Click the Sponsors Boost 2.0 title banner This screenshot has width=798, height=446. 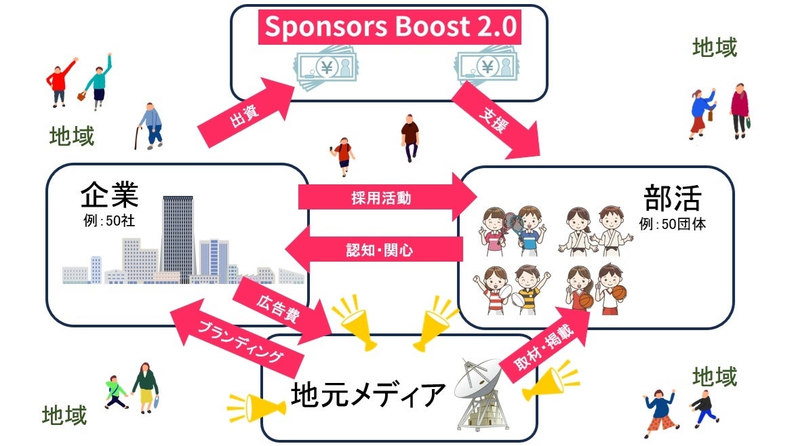[x=389, y=28]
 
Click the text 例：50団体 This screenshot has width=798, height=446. [x=672, y=224]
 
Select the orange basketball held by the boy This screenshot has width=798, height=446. [x=618, y=292]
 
